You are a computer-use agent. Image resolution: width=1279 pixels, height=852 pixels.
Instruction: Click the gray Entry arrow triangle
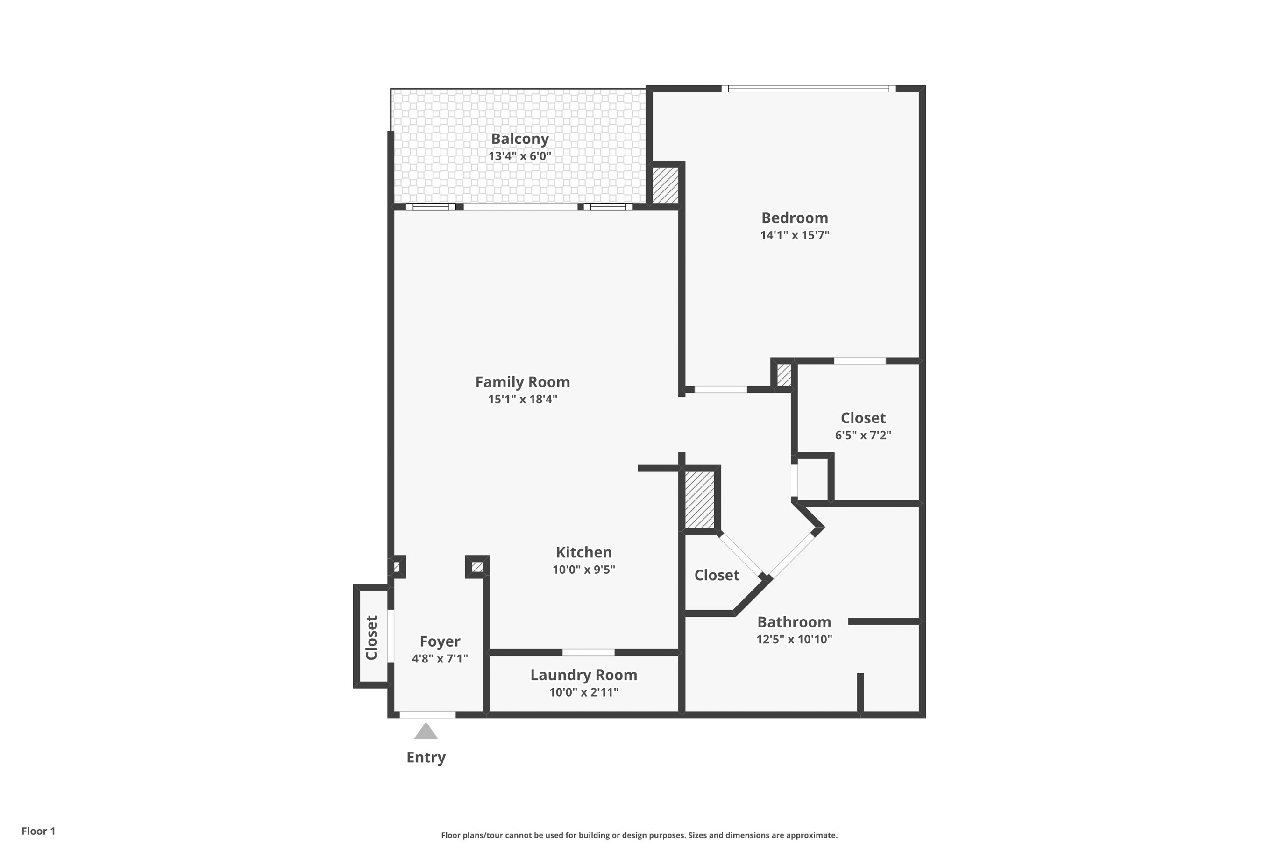pyautogui.click(x=426, y=732)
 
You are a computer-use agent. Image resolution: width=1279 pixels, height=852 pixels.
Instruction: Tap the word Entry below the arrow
pyautogui.click(x=426, y=757)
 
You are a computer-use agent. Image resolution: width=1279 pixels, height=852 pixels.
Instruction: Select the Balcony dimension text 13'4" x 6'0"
pyautogui.click(x=519, y=156)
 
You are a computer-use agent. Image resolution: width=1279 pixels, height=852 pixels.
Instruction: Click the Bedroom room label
pyautogui.click(x=794, y=218)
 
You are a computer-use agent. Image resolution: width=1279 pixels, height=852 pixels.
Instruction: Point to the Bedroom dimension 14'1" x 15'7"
pyautogui.click(x=794, y=235)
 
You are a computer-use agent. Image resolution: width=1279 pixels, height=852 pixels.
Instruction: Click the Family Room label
pyautogui.click(x=522, y=382)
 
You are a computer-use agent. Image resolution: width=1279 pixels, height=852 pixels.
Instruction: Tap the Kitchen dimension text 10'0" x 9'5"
pyautogui.click(x=583, y=570)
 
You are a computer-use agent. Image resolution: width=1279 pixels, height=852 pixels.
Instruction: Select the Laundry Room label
pyautogui.click(x=583, y=675)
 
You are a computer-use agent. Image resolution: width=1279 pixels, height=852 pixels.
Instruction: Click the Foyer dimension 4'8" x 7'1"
pyautogui.click(x=439, y=659)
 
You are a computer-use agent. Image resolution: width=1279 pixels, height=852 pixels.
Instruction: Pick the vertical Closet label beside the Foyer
pyautogui.click(x=371, y=637)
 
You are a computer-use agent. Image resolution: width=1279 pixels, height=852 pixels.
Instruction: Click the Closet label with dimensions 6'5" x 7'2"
pyautogui.click(x=863, y=418)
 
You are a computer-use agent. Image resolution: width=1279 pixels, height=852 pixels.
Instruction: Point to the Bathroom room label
pyautogui.click(x=794, y=622)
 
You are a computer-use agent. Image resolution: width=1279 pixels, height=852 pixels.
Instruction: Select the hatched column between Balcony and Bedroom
pyautogui.click(x=665, y=185)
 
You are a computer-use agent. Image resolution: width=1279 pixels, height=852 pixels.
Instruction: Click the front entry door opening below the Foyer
pyautogui.click(x=427, y=715)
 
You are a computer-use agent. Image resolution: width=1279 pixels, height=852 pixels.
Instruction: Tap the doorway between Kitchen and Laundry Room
pyautogui.click(x=588, y=653)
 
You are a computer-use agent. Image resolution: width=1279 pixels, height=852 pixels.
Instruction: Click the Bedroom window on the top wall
pyautogui.click(x=808, y=89)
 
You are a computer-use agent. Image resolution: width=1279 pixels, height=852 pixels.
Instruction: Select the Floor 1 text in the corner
pyautogui.click(x=38, y=831)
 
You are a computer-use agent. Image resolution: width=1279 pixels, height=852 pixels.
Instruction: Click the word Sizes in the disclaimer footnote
pyautogui.click(x=700, y=835)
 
